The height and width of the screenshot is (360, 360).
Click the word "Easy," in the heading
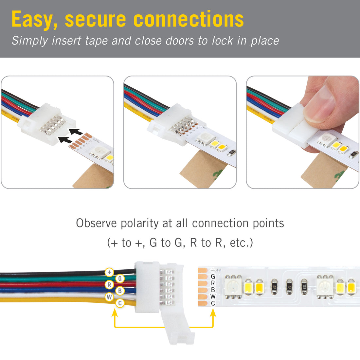35,20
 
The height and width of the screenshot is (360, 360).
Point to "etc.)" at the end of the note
242,243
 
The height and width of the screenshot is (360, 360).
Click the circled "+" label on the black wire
109,272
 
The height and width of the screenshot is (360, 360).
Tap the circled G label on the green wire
120,279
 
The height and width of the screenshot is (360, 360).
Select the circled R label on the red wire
109,285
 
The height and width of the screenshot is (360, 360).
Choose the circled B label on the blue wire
120,291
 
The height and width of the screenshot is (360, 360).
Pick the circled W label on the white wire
109,297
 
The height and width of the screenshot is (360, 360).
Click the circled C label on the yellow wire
120,303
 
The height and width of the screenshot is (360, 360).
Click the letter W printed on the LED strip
213,297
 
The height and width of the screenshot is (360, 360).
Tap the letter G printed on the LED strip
213,277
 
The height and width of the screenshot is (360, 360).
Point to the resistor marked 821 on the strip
304,286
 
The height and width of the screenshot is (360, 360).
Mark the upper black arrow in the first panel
76,132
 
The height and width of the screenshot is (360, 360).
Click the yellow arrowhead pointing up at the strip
213,313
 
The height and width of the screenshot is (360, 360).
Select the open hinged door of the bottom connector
177,327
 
